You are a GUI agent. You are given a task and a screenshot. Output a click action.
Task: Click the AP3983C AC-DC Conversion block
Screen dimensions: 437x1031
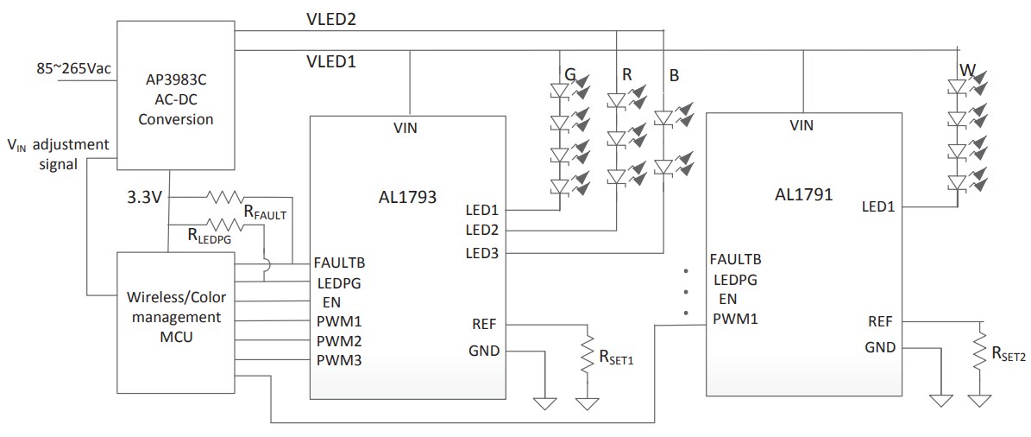tap(175, 98)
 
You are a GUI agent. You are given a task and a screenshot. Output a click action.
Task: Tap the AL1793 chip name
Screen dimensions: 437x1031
tap(407, 197)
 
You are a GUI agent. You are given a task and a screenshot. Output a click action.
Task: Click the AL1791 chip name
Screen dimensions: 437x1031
tap(802, 194)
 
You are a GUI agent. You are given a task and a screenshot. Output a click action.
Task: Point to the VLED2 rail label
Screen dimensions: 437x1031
tap(332, 18)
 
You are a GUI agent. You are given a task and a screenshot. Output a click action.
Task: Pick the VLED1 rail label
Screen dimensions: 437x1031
tap(332, 62)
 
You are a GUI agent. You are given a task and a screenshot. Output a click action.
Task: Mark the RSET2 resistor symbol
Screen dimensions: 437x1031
tap(980, 350)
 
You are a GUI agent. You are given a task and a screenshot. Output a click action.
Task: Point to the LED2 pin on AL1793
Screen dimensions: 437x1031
tap(481, 230)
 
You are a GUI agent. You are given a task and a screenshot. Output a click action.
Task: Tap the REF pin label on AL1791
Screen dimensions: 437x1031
tap(880, 321)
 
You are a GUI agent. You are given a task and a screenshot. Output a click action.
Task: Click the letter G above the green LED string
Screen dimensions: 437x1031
tap(569, 76)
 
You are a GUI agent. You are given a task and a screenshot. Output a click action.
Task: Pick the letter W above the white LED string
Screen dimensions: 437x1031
tap(965, 69)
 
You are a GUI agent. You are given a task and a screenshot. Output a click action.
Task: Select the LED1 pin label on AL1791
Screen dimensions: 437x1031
tap(878, 206)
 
